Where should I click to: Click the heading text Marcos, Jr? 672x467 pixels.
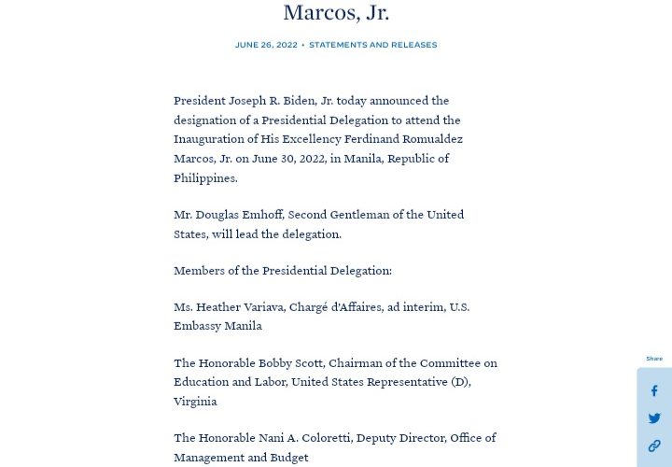336,12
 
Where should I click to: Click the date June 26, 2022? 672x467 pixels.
266,45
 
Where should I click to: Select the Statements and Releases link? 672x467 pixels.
372,45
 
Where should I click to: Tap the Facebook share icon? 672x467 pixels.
654,391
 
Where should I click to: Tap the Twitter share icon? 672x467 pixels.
654,418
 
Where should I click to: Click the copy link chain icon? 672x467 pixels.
654,446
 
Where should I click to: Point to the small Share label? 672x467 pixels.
654,359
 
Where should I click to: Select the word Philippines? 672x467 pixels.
205,178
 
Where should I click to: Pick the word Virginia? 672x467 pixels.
195,402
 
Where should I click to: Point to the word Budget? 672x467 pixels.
287,458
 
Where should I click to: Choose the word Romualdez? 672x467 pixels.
429,139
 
